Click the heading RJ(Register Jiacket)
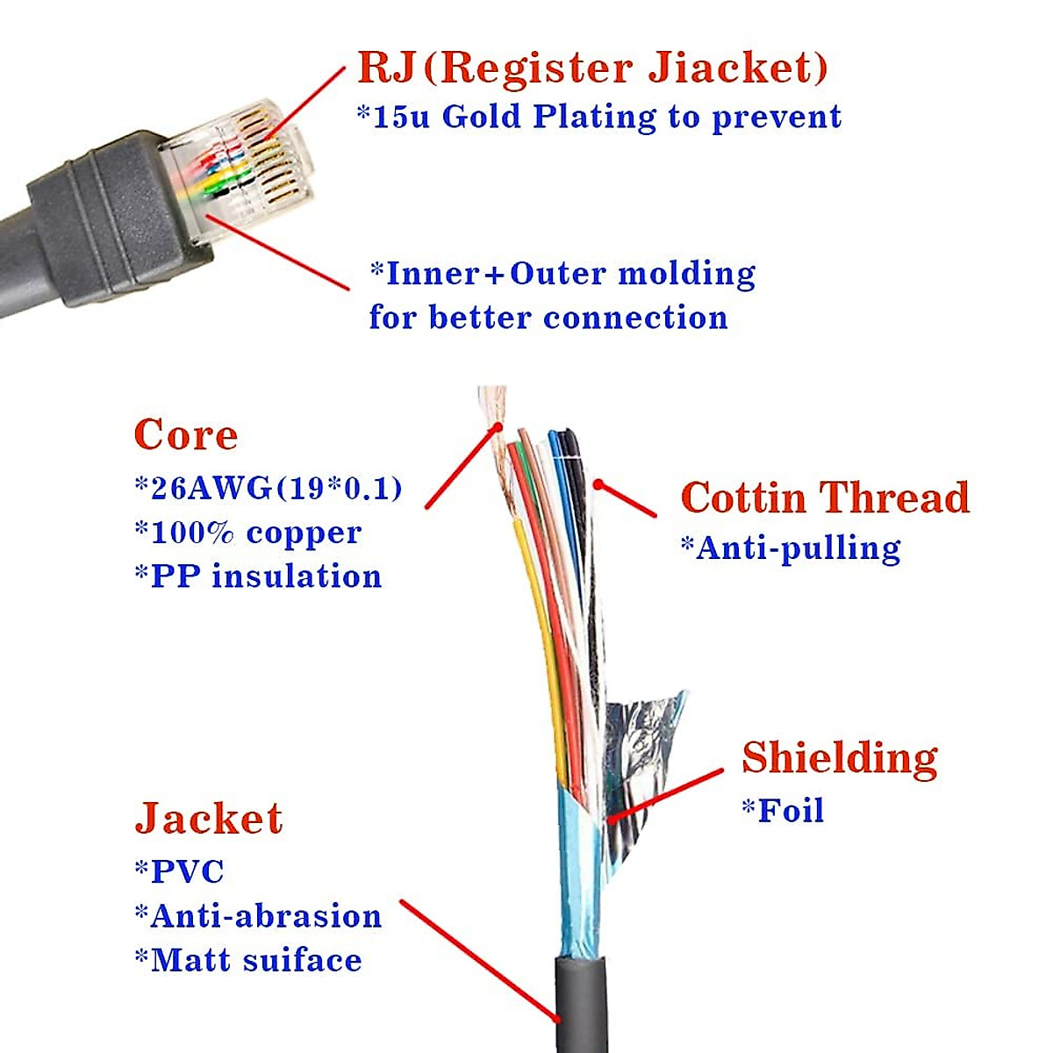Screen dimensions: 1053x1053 pyautogui.click(x=592, y=68)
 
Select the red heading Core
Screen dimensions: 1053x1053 pyautogui.click(x=186, y=435)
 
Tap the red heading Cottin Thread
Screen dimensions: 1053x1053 pyautogui.click(x=825, y=498)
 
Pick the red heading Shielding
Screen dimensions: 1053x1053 pyautogui.click(x=839, y=758)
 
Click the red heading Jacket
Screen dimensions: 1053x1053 pyautogui.click(x=209, y=818)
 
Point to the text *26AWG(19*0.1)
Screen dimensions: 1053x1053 pyautogui.click(x=268, y=488)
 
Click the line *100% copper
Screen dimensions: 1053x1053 pyautogui.click(x=247, y=533)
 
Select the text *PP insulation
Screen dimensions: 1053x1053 pyautogui.click(x=258, y=577)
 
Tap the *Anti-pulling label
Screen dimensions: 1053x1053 pyautogui.click(x=791, y=548)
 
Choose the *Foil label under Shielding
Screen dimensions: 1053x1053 pyautogui.click(x=783, y=810)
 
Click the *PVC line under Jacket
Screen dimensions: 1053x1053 pyautogui.click(x=180, y=871)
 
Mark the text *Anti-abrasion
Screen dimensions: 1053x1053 pyautogui.click(x=258, y=916)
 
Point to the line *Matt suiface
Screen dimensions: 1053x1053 pyautogui.click(x=248, y=960)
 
